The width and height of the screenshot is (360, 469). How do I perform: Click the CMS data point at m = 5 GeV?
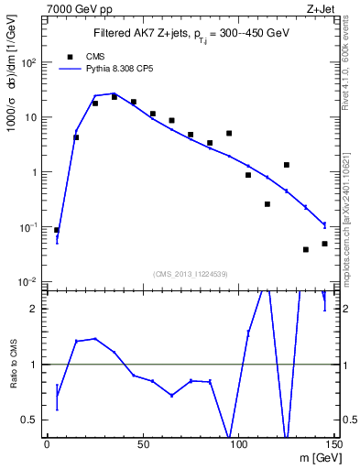[x=57, y=231]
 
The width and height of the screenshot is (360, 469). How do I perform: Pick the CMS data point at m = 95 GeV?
[x=229, y=134]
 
